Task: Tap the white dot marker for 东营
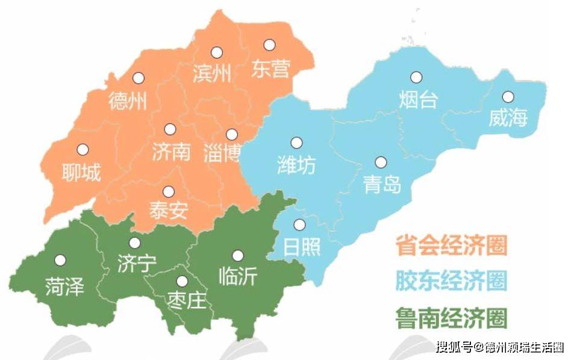269,45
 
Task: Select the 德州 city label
128,101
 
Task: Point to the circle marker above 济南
170,129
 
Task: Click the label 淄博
222,152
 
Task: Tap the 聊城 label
81,173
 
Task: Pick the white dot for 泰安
169,191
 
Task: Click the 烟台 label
417,99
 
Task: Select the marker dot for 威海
508,96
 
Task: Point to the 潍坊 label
296,164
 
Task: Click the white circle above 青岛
381,162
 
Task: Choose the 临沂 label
238,276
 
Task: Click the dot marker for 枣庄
181,281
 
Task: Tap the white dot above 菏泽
60,260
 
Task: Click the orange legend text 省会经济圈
451,246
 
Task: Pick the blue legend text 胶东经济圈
451,281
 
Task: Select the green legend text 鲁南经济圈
451,317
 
